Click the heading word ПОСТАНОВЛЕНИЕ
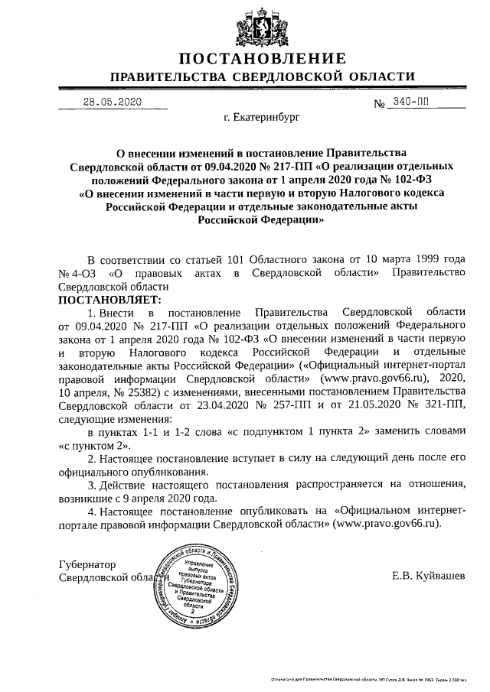click(x=263, y=59)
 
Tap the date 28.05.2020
click(x=113, y=102)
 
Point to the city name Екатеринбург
click(x=263, y=119)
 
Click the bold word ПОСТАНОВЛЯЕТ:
click(x=106, y=299)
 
